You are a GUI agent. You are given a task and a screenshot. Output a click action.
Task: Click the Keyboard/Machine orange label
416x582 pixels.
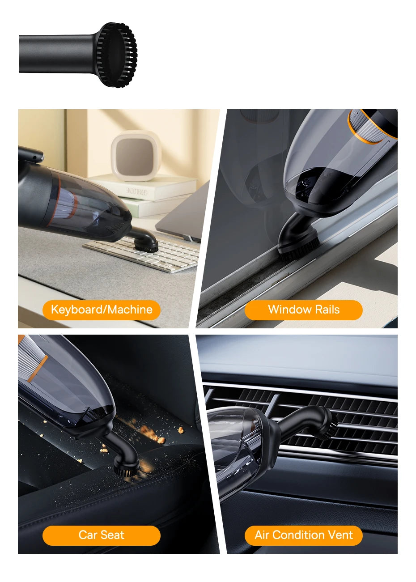click(102, 310)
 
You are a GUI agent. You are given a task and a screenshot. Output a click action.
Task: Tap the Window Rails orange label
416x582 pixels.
click(303, 310)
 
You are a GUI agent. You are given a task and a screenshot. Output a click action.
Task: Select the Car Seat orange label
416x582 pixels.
click(102, 535)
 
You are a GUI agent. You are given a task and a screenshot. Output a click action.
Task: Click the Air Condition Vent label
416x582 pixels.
click(303, 535)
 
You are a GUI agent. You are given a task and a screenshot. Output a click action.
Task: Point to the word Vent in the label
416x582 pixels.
click(340, 535)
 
